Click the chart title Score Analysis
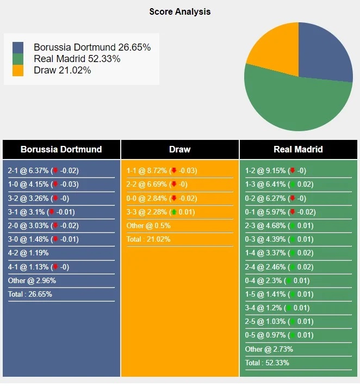point(180,11)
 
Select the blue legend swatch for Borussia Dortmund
point(18,47)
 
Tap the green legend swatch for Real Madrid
point(18,59)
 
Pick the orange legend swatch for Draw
point(18,70)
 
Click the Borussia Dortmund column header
point(61,149)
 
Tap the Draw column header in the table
point(180,149)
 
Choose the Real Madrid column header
point(299,149)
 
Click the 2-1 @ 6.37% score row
point(44,170)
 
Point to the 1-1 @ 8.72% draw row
point(162,170)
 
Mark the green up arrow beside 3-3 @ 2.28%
point(174,212)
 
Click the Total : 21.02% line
point(148,239)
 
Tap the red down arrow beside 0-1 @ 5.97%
point(293,212)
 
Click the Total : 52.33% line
point(267,362)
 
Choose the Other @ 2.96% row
point(32,280)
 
